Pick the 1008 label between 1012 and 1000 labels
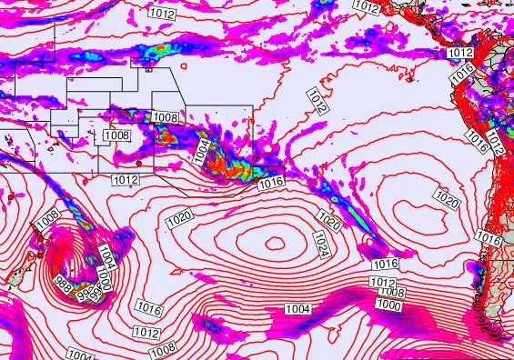[x=392, y=293]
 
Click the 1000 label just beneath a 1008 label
[x=388, y=305]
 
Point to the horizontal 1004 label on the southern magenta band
[x=297, y=310]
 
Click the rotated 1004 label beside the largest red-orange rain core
[x=203, y=151]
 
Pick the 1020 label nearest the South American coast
[x=446, y=198]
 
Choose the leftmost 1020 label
[x=179, y=218]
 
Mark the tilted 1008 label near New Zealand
[x=48, y=219]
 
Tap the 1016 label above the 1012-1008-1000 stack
[x=386, y=264]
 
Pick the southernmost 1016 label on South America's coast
[x=489, y=237]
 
